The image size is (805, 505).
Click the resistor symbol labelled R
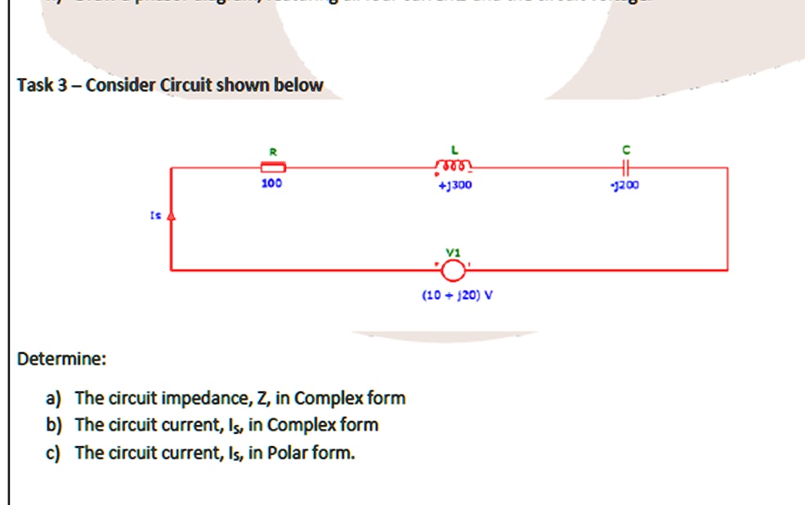pos(272,168)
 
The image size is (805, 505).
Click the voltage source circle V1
pos(454,269)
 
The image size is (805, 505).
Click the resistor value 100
pos(272,185)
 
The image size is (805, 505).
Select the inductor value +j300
pos(454,185)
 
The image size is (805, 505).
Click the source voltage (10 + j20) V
pos(457,295)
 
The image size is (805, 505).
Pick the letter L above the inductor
pos(454,150)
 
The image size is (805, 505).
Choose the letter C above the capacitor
pos(627,150)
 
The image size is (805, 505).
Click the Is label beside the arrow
pos(154,217)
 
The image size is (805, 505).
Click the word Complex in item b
pos(300,425)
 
